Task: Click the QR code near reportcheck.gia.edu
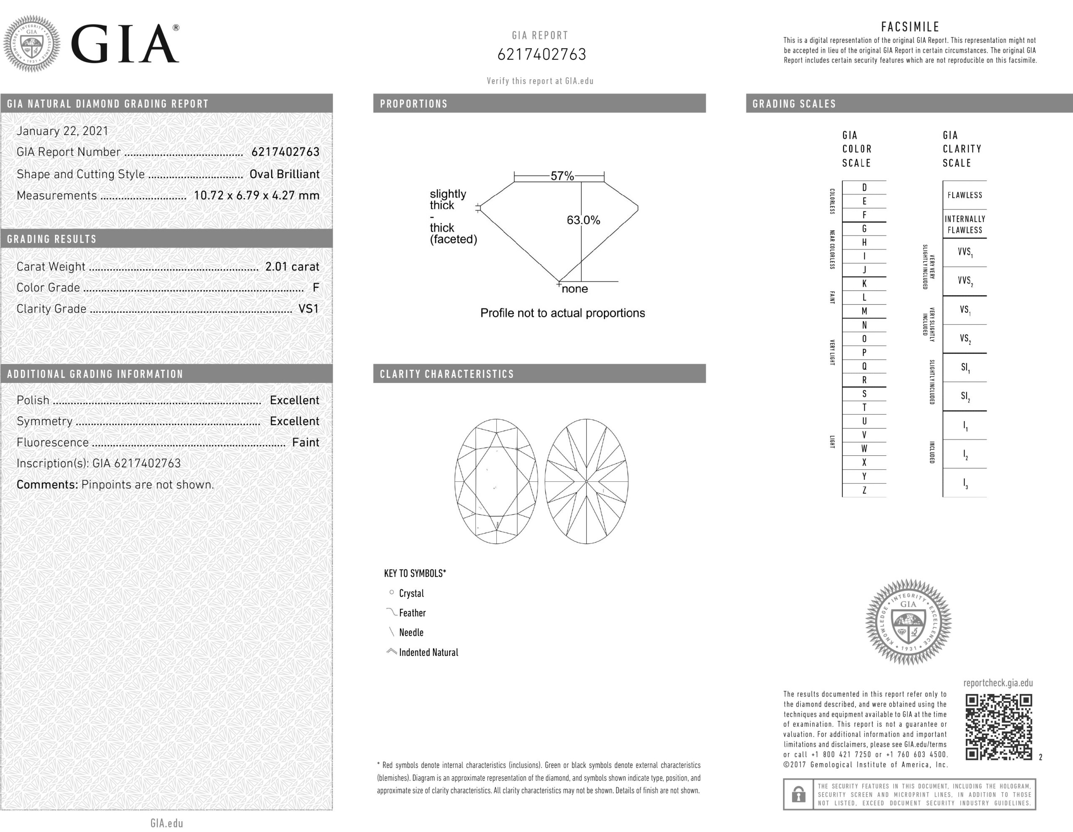998,726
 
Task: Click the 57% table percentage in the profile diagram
562,176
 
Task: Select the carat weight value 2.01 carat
292,266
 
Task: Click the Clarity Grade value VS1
308,309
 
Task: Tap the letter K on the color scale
864,283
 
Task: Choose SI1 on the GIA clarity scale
965,368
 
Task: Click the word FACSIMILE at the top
910,26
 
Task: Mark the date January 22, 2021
62,131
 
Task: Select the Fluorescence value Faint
306,442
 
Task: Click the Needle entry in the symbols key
411,632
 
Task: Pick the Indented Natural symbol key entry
428,652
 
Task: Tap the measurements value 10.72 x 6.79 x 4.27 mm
257,195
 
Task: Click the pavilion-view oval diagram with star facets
586,481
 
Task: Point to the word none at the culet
574,289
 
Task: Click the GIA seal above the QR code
908,621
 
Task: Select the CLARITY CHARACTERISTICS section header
446,374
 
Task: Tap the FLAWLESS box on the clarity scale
964,195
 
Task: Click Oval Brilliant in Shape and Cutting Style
285,174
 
